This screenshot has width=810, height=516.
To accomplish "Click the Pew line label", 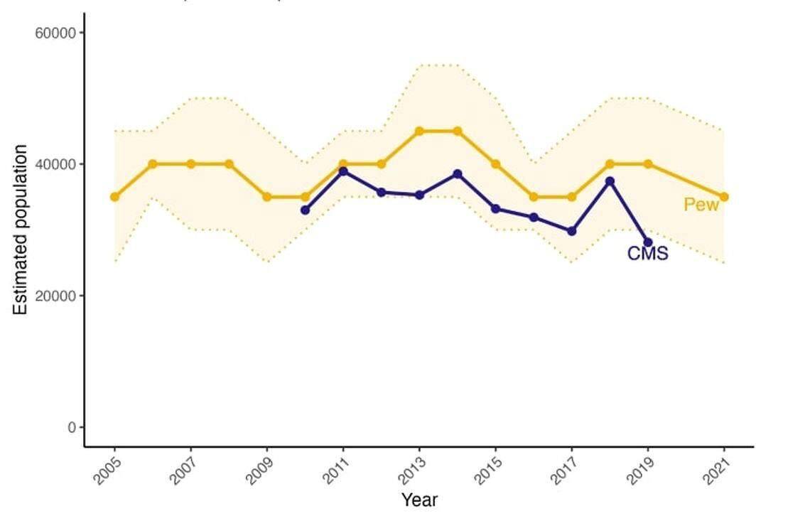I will click(x=701, y=205).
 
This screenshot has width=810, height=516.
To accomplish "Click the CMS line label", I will click(x=647, y=253).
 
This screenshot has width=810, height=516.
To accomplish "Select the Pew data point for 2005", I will click(x=114, y=197).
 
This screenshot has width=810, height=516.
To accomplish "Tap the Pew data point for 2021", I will click(x=724, y=197).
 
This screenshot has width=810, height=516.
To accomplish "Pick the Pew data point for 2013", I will click(x=419, y=131).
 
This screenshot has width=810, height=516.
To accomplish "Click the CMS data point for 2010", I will click(x=306, y=210).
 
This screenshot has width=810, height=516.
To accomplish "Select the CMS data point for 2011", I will click(x=343, y=171).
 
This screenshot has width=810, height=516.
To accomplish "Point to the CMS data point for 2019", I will click(x=648, y=242).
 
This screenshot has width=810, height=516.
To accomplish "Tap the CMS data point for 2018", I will click(x=610, y=181).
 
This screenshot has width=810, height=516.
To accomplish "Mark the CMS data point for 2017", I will click(x=572, y=231).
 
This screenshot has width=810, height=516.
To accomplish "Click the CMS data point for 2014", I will click(x=458, y=174).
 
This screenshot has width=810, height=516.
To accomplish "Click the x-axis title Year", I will click(x=419, y=500).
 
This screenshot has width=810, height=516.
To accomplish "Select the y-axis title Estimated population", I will click(x=21, y=230).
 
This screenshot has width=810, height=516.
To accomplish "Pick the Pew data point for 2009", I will click(x=267, y=197).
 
